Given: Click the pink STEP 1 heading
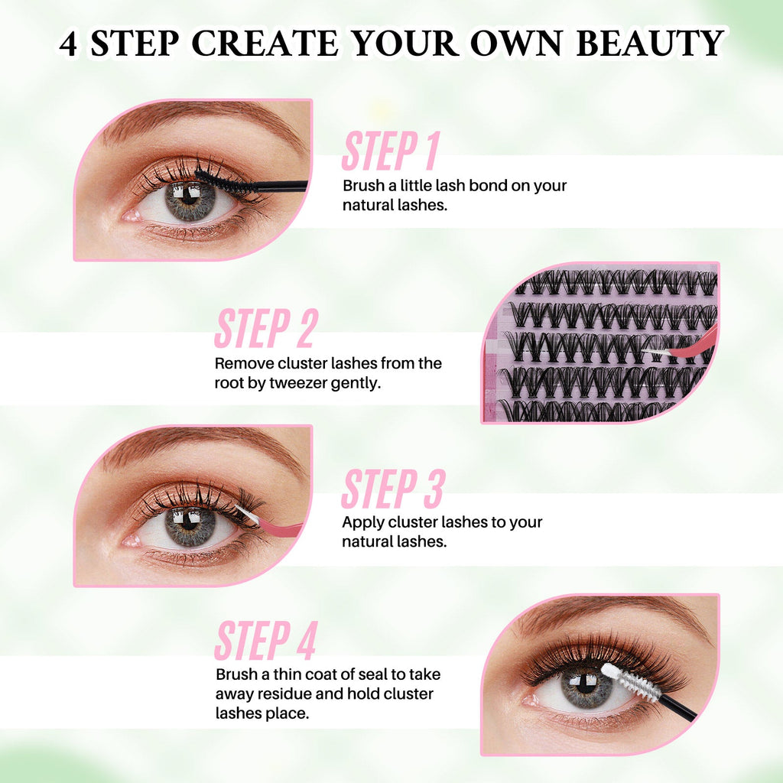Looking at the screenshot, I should [389, 151].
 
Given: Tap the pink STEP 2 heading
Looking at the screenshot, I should [265, 329].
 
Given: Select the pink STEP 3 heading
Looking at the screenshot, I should [392, 489].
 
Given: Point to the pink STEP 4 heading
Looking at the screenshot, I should [265, 641].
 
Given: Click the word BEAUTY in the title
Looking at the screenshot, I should [649, 44].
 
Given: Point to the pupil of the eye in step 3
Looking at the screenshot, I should [190, 526].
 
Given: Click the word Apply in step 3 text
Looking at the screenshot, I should [361, 523].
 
